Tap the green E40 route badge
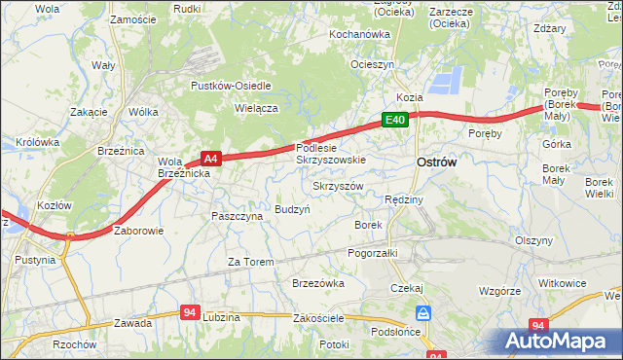click(x=393, y=120)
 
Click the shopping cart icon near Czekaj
click(x=423, y=313)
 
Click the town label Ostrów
click(x=436, y=162)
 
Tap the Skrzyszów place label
click(x=338, y=186)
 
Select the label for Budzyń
click(x=292, y=209)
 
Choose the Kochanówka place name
click(x=359, y=34)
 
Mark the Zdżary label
click(x=577, y=29)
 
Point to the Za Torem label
click(x=250, y=262)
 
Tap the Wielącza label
click(x=257, y=109)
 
